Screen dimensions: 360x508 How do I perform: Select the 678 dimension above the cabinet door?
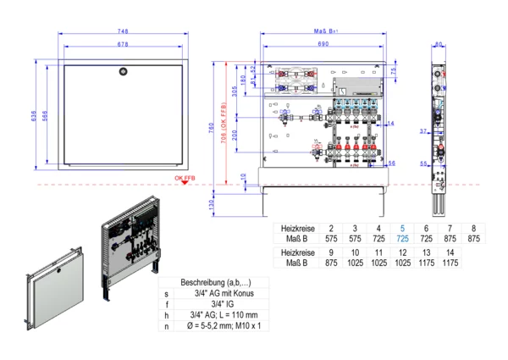(x=124, y=43)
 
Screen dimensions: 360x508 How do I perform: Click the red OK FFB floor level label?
(x=185, y=179)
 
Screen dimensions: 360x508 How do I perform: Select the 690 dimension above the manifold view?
(x=323, y=43)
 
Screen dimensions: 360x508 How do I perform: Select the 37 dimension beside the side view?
(x=422, y=131)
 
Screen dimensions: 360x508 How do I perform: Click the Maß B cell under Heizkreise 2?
(x=330, y=240)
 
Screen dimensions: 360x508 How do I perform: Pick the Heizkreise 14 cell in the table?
(x=449, y=252)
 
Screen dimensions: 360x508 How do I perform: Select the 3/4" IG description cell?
(x=224, y=304)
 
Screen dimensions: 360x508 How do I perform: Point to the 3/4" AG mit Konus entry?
(x=224, y=293)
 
